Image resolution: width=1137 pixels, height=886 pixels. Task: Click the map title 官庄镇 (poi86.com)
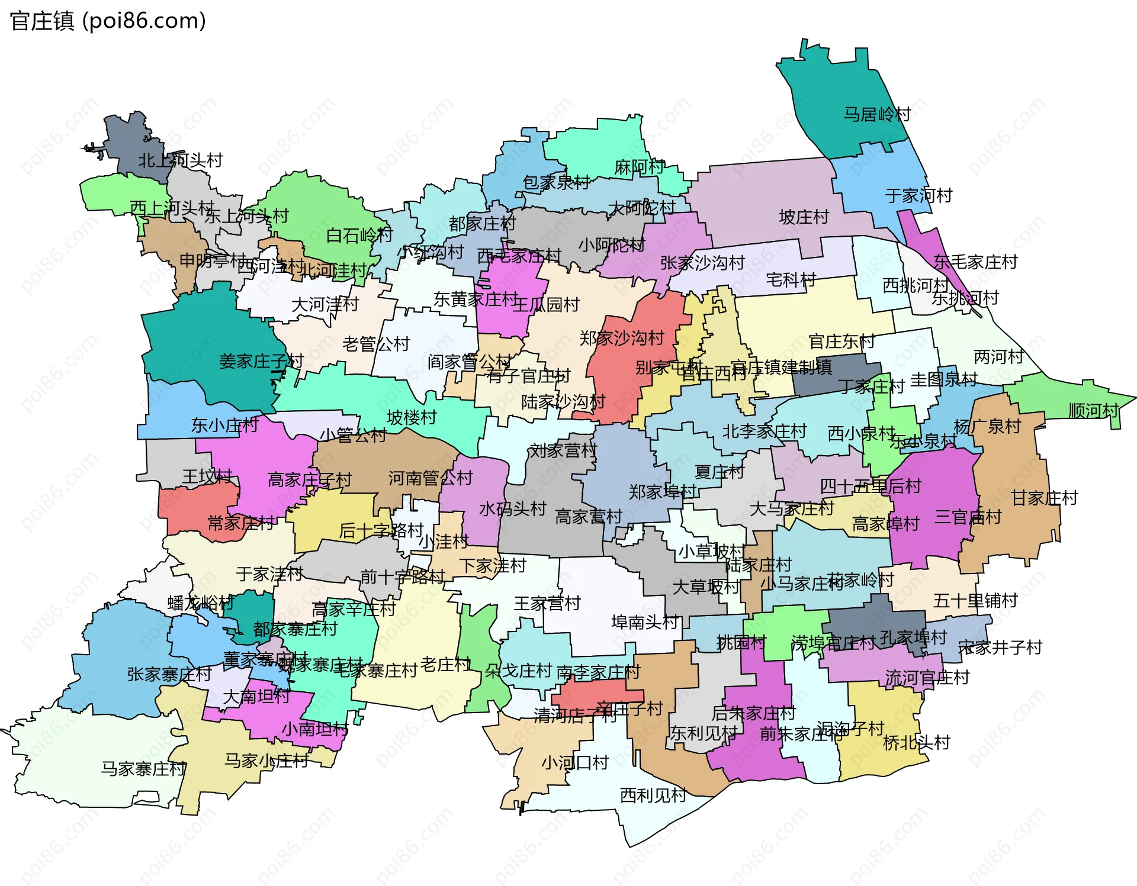[x=108, y=21]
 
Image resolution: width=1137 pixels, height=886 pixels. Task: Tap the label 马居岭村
[x=876, y=114]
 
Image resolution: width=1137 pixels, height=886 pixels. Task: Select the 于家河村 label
[x=918, y=195]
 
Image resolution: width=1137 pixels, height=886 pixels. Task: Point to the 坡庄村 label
[x=804, y=217]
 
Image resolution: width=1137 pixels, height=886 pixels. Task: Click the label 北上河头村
[x=180, y=160]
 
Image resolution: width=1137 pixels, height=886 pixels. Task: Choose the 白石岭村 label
[x=359, y=236]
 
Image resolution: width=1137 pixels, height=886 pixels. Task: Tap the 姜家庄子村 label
[x=261, y=361]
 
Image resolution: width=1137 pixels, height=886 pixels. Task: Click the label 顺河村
[x=1093, y=410]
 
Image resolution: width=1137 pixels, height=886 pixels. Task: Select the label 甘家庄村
[x=1044, y=498]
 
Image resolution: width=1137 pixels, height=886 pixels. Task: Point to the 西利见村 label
[x=653, y=795]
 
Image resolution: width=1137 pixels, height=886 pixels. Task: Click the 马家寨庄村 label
[x=143, y=769]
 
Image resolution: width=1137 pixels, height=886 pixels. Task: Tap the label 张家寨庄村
[x=169, y=674]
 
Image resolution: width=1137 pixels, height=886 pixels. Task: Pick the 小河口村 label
[x=575, y=762]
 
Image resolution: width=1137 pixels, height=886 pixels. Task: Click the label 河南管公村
[x=431, y=478]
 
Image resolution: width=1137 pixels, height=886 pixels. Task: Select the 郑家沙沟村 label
[x=622, y=338]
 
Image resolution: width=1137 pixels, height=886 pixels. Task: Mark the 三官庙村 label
[x=968, y=517]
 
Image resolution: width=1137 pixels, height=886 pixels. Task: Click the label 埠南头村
[x=644, y=622]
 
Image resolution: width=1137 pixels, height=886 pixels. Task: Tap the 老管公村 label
[x=376, y=344]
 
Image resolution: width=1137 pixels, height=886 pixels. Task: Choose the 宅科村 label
[x=791, y=279]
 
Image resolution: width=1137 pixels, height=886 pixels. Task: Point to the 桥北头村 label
[x=916, y=742]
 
